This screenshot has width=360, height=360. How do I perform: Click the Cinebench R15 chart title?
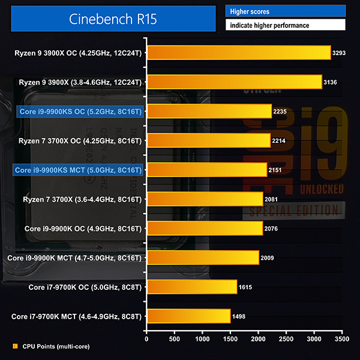tap(113, 19)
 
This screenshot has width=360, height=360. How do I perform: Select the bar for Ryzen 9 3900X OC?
tap(238, 53)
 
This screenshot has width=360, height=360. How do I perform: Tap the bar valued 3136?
tap(234, 82)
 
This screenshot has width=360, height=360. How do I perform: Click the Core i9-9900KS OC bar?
tap(209, 112)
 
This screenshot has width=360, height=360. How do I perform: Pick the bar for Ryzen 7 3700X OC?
tap(208, 140)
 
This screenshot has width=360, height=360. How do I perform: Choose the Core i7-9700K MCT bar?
tap(188, 316)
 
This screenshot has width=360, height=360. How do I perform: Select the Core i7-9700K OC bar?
tap(191, 287)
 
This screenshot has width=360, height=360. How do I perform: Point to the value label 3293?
tap(340, 53)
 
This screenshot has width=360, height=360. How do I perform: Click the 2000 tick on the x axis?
tap(258, 338)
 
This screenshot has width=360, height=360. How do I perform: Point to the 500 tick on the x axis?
tap(175, 338)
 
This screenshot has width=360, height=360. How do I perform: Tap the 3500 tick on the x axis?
tap(341, 338)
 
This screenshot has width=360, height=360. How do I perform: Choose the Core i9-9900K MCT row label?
tap(74, 257)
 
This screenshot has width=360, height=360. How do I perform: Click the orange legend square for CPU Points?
tap(15, 346)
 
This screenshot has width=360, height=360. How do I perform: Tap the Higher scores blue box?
tap(285, 11)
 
